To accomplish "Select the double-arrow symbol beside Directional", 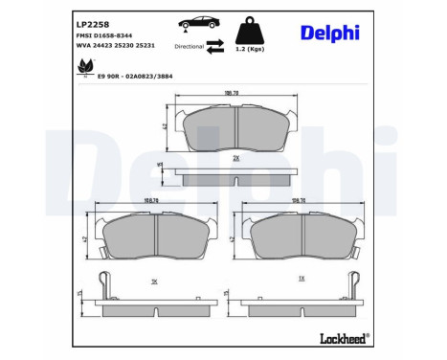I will click(216, 45).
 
